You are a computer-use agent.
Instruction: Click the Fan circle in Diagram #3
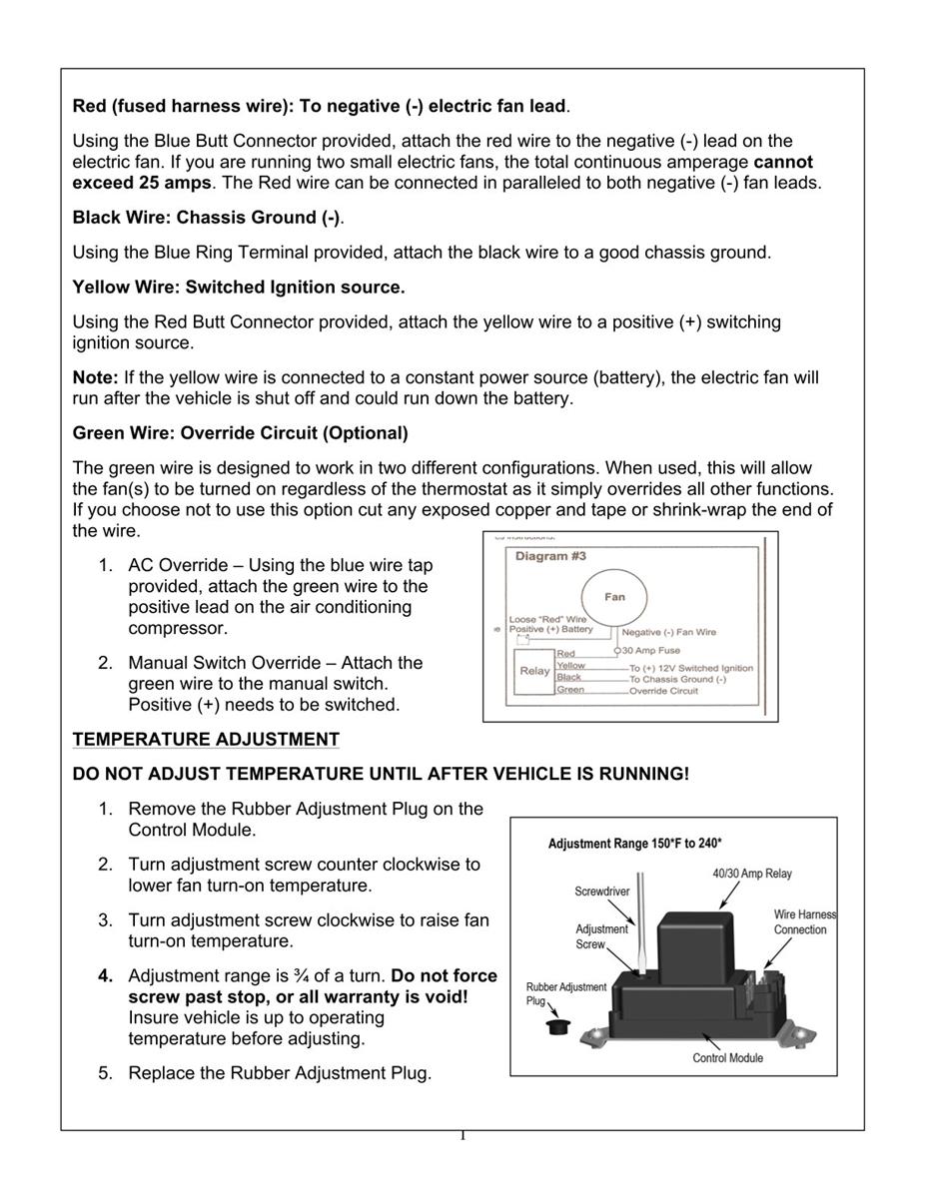[x=614, y=596]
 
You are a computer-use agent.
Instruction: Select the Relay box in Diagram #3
[x=534, y=671]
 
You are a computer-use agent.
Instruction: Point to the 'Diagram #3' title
[x=550, y=556]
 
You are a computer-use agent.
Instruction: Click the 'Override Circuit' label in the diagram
[x=663, y=691]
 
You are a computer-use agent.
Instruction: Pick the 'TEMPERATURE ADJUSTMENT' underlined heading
[x=206, y=740]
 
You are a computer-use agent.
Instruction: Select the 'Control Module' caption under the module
[x=727, y=1058]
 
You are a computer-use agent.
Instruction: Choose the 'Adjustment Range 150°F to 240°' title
[x=635, y=844]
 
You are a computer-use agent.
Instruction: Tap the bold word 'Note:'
[x=96, y=378]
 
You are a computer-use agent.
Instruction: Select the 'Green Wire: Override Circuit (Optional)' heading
[x=240, y=433]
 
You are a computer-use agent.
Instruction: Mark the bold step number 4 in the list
[x=105, y=976]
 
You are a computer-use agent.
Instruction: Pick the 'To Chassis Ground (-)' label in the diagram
[x=677, y=679]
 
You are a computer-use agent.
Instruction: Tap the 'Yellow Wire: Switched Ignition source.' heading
[x=239, y=288]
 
